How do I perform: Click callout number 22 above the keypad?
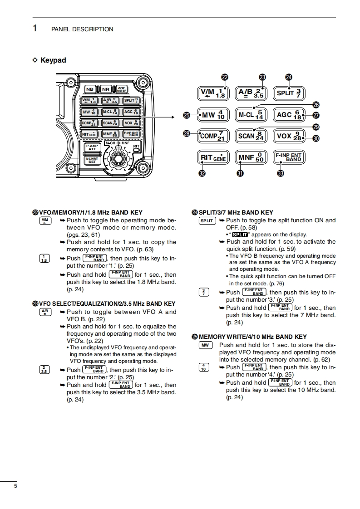click(x=224, y=77)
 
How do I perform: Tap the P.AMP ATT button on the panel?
click(x=92, y=147)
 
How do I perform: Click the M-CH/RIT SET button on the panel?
click(x=92, y=160)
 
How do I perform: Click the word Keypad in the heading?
click(x=53, y=60)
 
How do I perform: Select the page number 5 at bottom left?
click(x=15, y=486)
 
